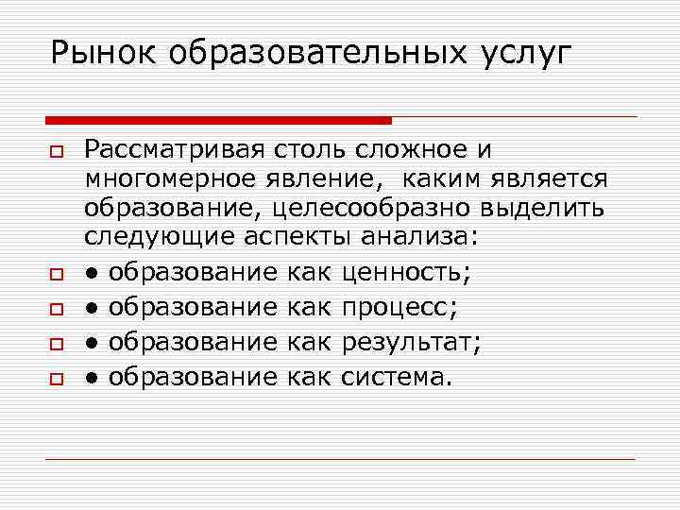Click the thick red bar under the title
(218, 120)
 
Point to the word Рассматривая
(173, 149)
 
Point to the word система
(397, 377)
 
